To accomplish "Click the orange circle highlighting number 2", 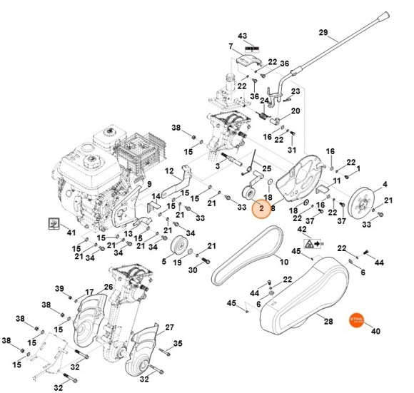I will [262, 209].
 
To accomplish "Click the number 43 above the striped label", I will [243, 36].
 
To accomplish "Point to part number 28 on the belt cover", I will [328, 322].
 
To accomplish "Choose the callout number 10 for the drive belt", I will [283, 262].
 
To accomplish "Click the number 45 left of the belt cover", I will [231, 303].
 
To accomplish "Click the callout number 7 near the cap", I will [231, 47].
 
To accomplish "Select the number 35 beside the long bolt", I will [178, 343].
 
